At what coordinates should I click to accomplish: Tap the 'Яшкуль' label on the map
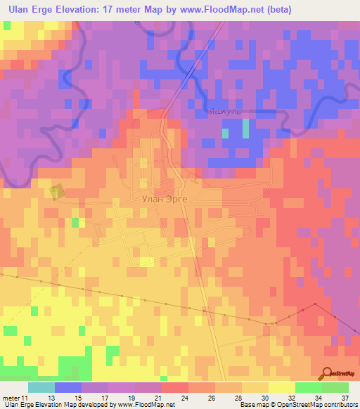[x=225, y=111]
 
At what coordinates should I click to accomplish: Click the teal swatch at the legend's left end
[x=41, y=387]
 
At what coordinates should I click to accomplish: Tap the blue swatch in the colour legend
[x=68, y=387]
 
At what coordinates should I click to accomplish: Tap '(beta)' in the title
[x=278, y=10]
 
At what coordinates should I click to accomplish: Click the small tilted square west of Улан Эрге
[x=56, y=191]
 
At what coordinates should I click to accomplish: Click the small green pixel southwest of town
[x=75, y=223]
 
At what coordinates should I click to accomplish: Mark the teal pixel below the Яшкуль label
[x=225, y=132]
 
